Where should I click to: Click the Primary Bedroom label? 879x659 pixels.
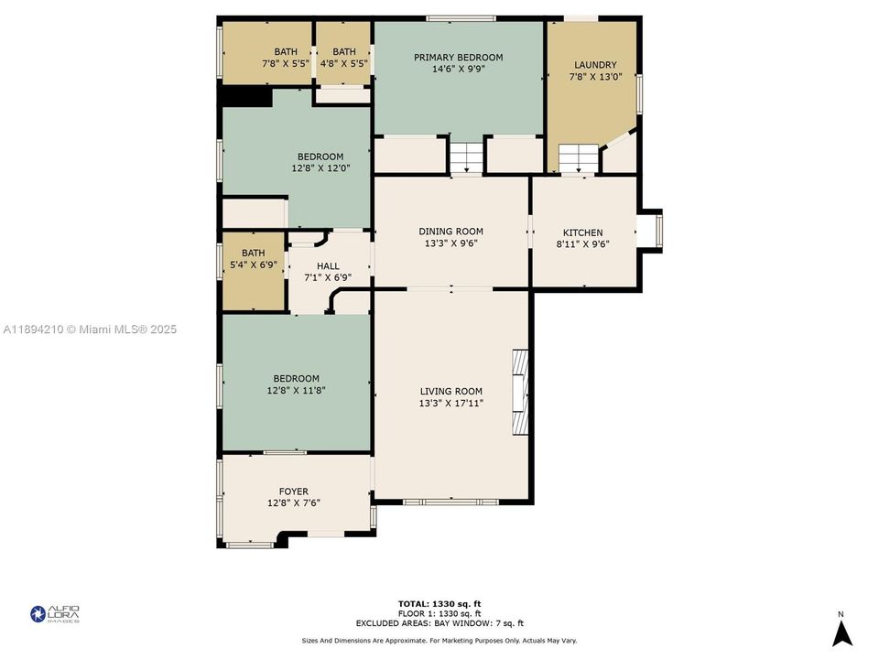tap(458, 58)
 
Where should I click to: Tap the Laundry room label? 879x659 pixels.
tap(595, 65)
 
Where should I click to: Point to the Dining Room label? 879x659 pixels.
tap(450, 232)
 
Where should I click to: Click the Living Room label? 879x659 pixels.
tap(450, 391)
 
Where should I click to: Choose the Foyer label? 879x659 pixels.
tap(293, 492)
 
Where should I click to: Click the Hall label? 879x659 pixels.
tap(328, 266)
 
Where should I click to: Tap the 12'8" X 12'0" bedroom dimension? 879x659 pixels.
tap(320, 168)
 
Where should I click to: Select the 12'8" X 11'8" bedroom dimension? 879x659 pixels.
tap(297, 390)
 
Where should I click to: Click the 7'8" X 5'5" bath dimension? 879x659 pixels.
tap(286, 64)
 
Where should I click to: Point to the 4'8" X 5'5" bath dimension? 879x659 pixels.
tap(343, 64)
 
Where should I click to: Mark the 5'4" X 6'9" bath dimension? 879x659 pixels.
tap(254, 265)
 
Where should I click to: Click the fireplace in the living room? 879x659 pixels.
tap(519, 392)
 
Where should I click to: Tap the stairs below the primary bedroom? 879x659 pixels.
tap(465, 157)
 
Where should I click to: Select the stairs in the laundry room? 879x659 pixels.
tap(578, 159)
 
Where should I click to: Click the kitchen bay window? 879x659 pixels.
tap(652, 232)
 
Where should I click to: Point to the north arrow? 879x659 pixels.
tap(841, 632)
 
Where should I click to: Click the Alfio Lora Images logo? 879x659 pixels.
tap(55, 614)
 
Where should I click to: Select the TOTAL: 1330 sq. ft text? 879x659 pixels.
tap(439, 604)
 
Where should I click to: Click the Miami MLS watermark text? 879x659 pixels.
tap(89, 329)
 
